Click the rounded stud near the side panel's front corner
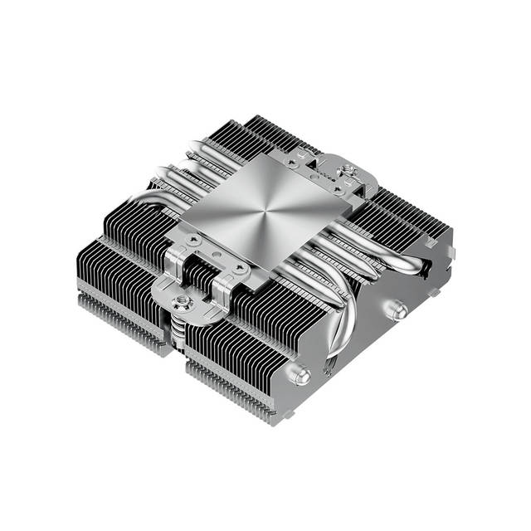pyautogui.click(x=302, y=375)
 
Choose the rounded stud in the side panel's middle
pyautogui.click(x=400, y=310)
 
